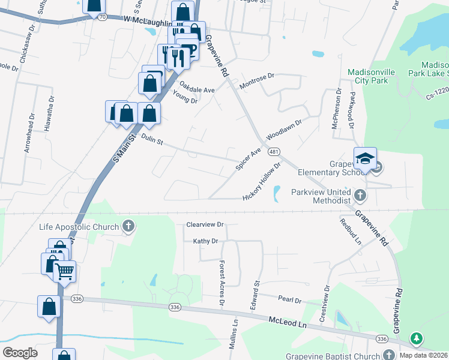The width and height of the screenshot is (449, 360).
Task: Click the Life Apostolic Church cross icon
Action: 128,226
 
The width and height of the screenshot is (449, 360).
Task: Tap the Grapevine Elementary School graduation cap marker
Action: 365,159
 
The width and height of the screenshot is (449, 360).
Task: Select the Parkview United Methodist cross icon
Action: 360,195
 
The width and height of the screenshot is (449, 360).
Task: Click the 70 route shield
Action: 103,17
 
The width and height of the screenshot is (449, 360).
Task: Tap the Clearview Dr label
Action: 205,224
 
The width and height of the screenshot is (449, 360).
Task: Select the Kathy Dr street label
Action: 205,241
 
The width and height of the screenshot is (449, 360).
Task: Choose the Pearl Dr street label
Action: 289,298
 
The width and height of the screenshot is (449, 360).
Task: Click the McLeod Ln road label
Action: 288,322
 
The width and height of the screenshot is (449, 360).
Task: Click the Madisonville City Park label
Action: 372,76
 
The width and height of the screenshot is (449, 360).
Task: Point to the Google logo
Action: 20,353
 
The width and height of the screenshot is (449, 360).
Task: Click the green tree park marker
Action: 415,339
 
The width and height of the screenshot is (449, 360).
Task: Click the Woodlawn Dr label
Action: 283,127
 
